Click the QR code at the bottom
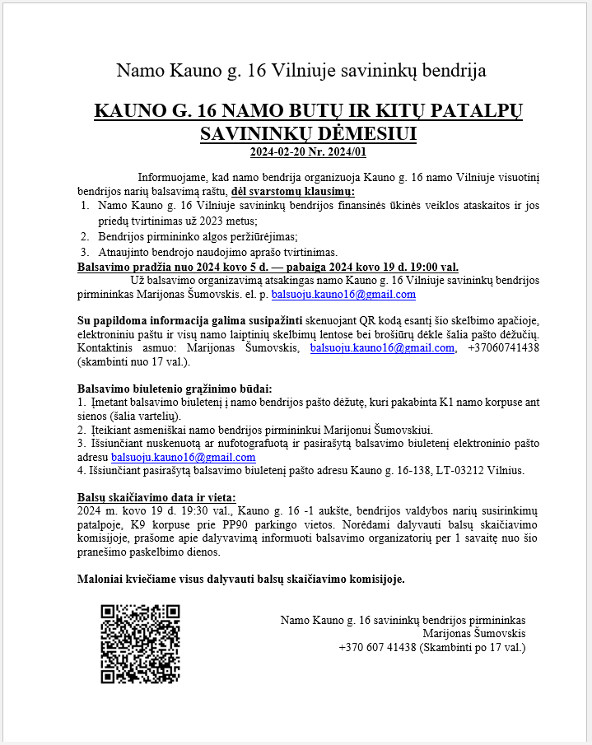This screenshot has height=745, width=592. (139, 644)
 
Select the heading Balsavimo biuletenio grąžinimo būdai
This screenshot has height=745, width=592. (174, 389)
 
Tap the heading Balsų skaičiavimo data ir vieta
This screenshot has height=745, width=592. (156, 497)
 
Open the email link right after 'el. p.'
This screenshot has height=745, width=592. (343, 294)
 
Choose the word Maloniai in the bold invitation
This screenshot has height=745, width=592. (100, 579)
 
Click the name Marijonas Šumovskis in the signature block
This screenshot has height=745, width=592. (473, 633)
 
